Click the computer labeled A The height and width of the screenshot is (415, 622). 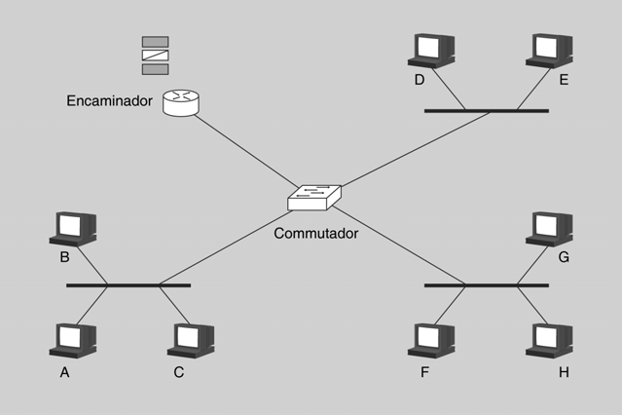click(x=72, y=339)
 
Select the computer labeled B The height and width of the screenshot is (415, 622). click(x=72, y=227)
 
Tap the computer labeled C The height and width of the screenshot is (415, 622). click(x=190, y=339)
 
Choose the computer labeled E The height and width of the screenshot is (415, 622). click(x=551, y=50)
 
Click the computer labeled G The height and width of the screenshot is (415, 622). click(x=549, y=227)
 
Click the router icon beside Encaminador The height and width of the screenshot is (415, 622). click(x=180, y=102)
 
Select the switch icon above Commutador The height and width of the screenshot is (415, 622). click(x=313, y=199)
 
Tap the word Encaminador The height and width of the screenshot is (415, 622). click(x=109, y=101)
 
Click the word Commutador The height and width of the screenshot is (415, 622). click(x=315, y=234)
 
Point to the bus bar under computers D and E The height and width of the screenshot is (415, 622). click(x=486, y=111)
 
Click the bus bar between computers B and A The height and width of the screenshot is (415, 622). click(x=128, y=285)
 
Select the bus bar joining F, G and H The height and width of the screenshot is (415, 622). click(x=486, y=285)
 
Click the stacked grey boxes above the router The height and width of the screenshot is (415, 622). click(x=155, y=56)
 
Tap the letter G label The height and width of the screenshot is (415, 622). click(x=564, y=257)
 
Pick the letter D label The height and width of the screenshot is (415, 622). click(x=420, y=80)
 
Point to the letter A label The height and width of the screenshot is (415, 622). click(x=65, y=372)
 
